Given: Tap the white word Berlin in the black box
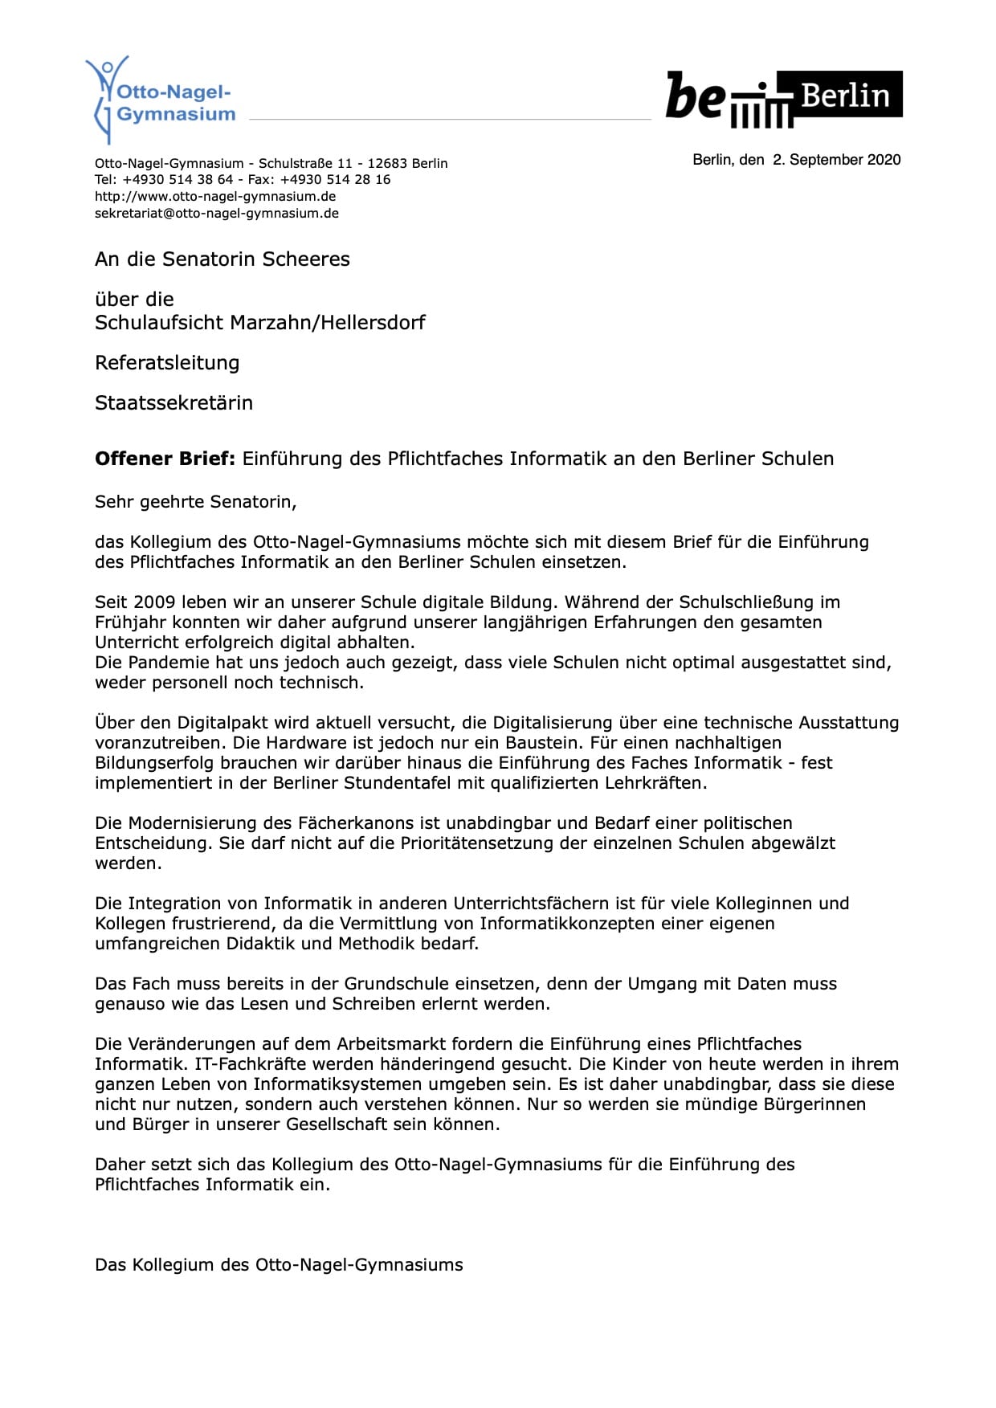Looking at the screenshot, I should (845, 96).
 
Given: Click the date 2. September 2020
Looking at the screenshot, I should (836, 160).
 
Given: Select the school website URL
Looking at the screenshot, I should (215, 197).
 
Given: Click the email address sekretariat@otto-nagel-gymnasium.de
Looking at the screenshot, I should (217, 214).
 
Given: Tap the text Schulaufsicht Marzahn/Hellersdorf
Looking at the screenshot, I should (259, 323).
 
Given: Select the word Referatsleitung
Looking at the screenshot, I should (167, 363).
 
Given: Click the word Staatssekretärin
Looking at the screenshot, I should (173, 403).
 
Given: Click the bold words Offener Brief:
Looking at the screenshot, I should (165, 459).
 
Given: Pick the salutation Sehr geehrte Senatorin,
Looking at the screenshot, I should (196, 502).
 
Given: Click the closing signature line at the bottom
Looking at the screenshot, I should (279, 1265).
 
